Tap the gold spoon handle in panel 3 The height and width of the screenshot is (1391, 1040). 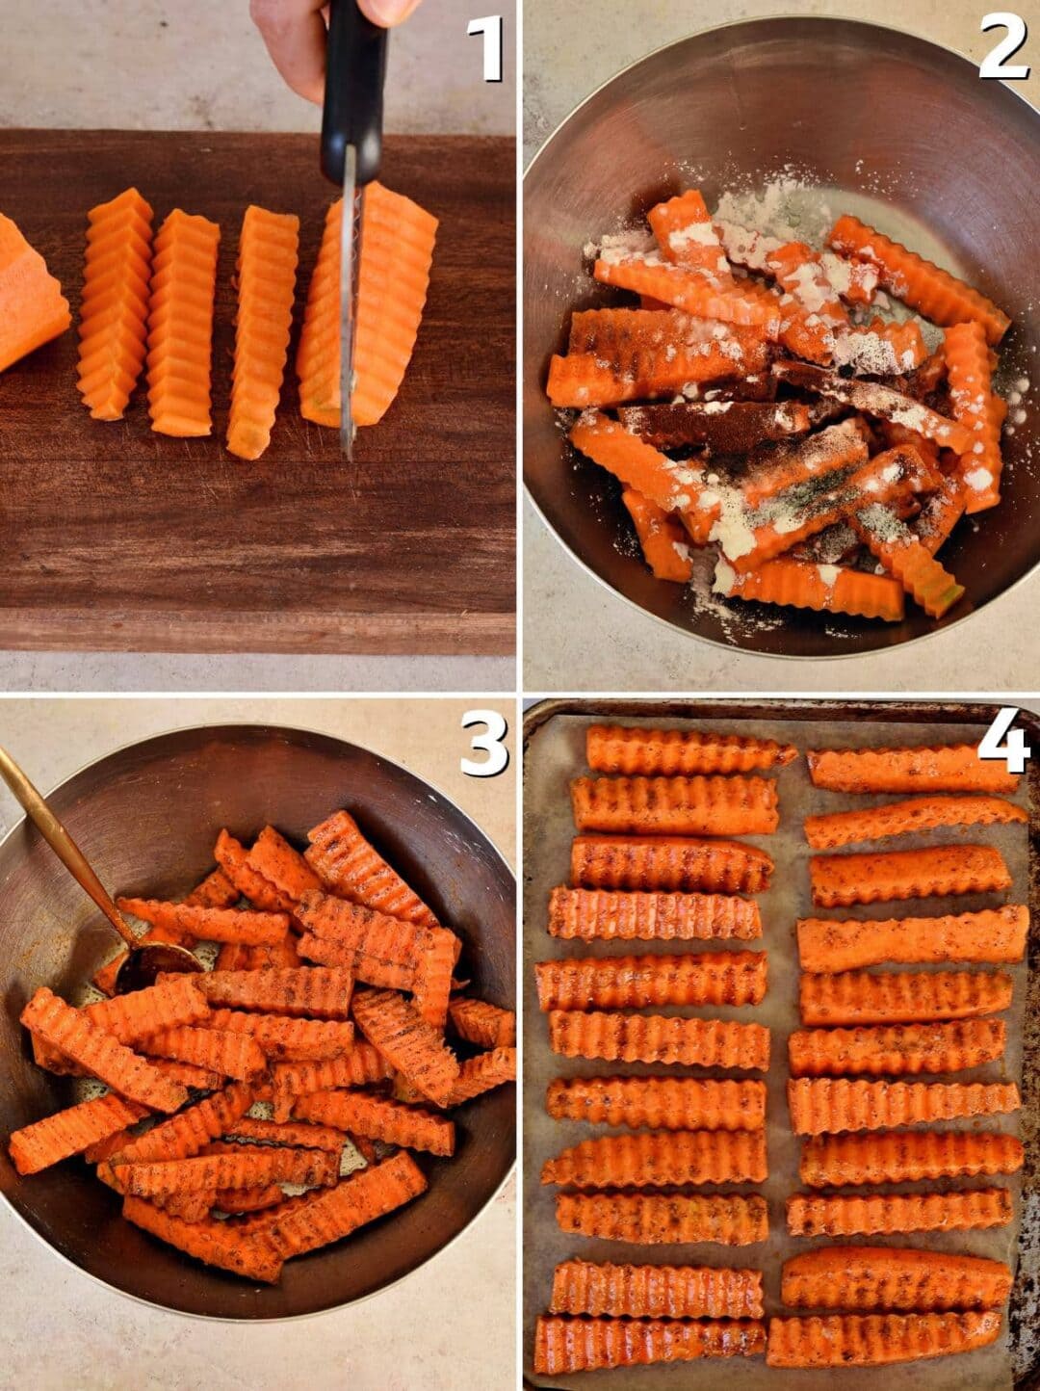coord(58,838)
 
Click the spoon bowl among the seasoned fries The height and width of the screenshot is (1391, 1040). coord(159,963)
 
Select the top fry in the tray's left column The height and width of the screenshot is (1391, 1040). coord(689,751)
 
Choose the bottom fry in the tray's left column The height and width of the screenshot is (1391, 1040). coord(650,1344)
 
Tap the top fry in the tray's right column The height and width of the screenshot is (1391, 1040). coord(910,769)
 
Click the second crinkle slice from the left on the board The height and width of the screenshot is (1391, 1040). coord(183,323)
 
